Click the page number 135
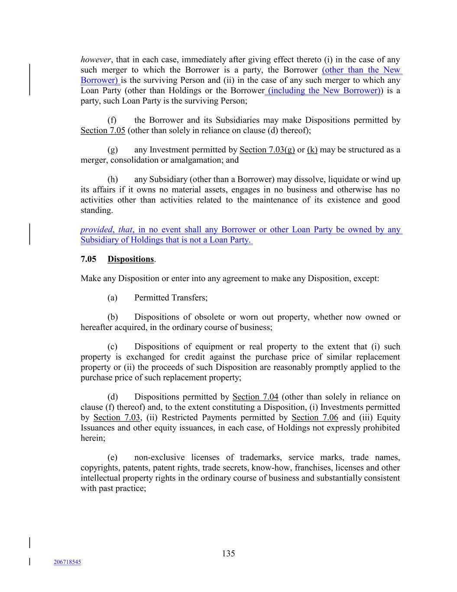(x=228, y=553)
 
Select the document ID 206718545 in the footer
(x=67, y=562)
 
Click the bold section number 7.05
(x=88, y=259)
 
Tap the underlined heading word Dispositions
(x=130, y=259)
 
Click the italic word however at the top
(x=93, y=60)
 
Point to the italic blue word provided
(x=96, y=230)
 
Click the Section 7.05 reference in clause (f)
(x=103, y=131)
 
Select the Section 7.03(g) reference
(x=267, y=150)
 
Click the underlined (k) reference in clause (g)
(x=312, y=150)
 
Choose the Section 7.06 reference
(x=314, y=418)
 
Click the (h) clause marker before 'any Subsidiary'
(x=112, y=180)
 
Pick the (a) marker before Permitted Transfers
(x=112, y=298)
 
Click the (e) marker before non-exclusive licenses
(x=112, y=458)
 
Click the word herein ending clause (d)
(x=92, y=438)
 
